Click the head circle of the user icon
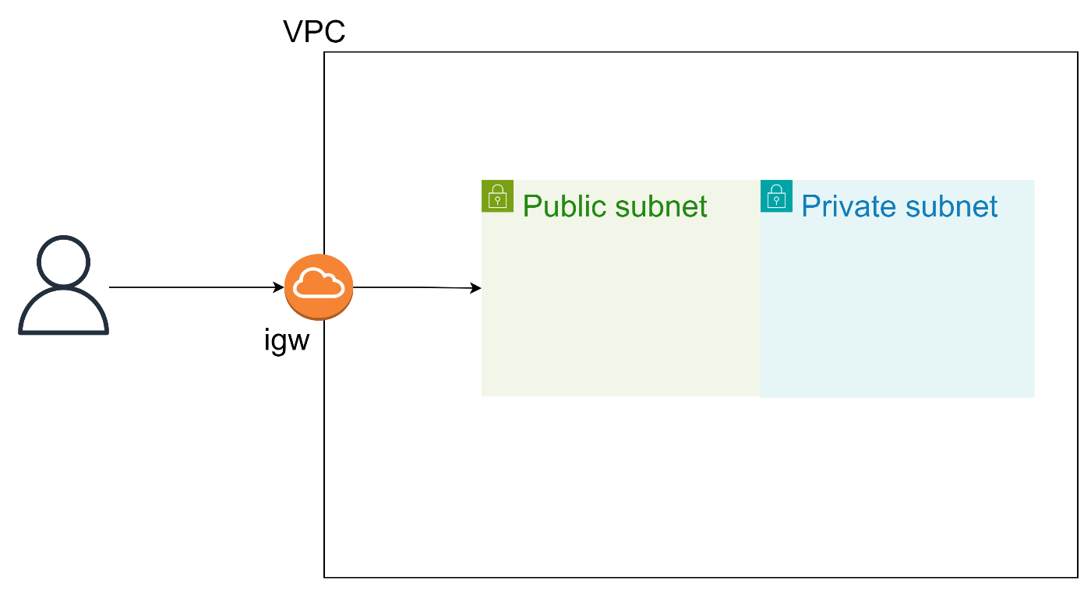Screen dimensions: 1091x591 63,262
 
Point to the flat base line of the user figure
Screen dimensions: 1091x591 63,332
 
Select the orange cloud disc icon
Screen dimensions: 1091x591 319,287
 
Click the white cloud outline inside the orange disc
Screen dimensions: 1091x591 319,283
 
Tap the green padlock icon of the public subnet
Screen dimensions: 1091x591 497,195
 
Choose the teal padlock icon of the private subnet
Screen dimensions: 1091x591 776,195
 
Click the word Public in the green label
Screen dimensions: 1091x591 564,206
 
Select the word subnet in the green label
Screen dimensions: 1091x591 661,206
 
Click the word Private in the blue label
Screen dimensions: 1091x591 847,206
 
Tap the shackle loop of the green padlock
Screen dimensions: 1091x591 497,189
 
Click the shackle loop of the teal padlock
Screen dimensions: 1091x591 776,189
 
